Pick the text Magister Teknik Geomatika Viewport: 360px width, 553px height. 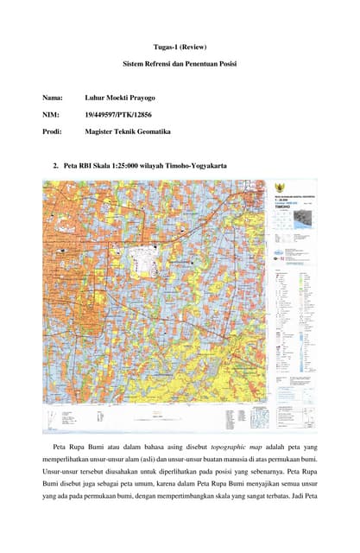click(129, 131)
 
